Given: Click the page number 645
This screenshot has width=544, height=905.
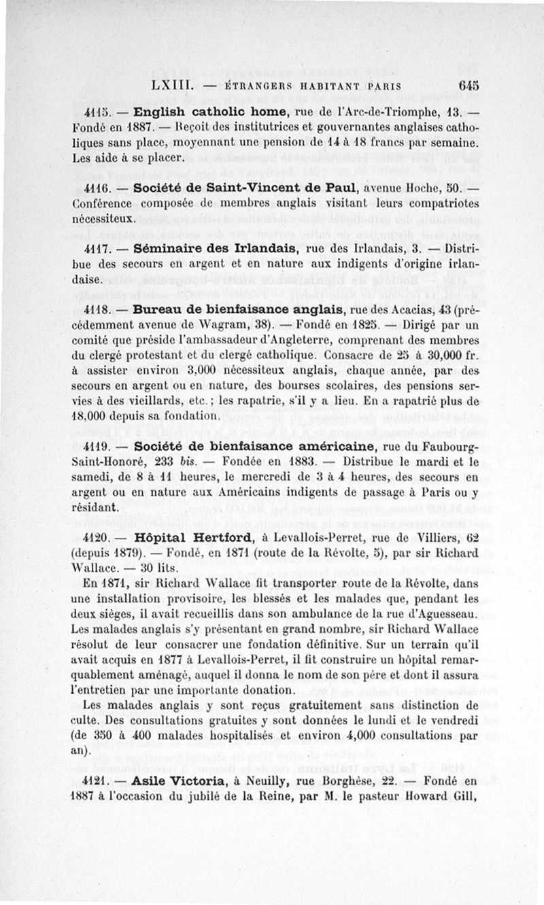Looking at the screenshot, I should point(469,86).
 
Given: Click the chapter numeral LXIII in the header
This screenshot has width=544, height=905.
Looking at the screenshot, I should point(174,86).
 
